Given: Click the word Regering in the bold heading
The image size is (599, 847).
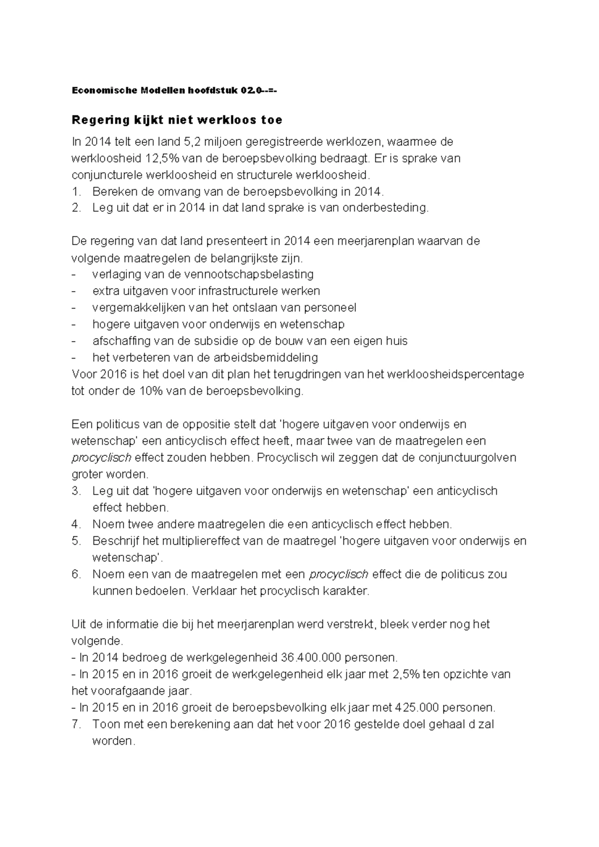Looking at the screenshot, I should (97, 120).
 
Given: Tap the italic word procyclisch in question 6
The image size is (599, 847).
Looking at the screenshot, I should (339, 574).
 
